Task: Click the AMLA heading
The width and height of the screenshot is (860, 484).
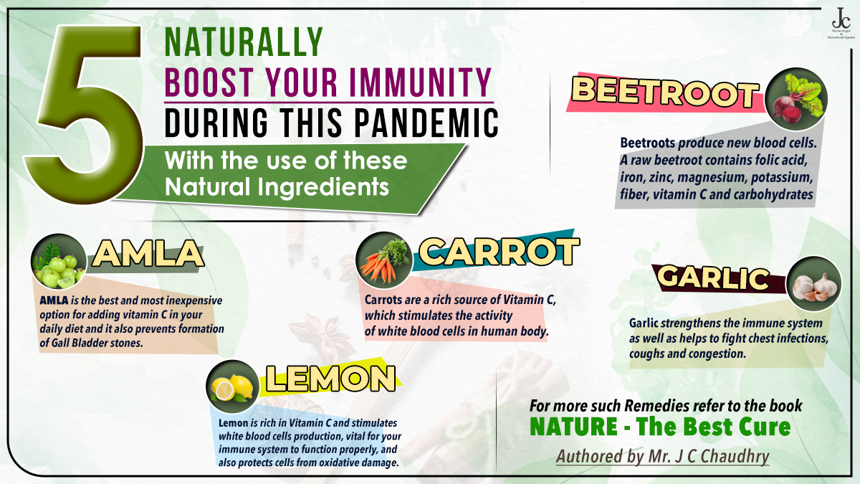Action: tap(146, 255)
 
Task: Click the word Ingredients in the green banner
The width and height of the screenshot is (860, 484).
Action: tap(330, 187)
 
